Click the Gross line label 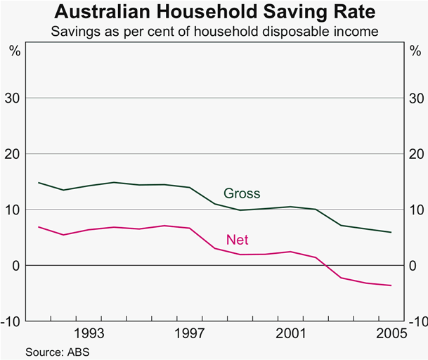(242, 193)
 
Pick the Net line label (237, 240)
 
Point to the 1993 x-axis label (91, 333)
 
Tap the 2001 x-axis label (291, 333)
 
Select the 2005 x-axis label (390, 333)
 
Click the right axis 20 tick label (415, 154)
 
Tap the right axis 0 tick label (415, 266)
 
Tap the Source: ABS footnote (57, 350)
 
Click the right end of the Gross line (391, 232)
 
